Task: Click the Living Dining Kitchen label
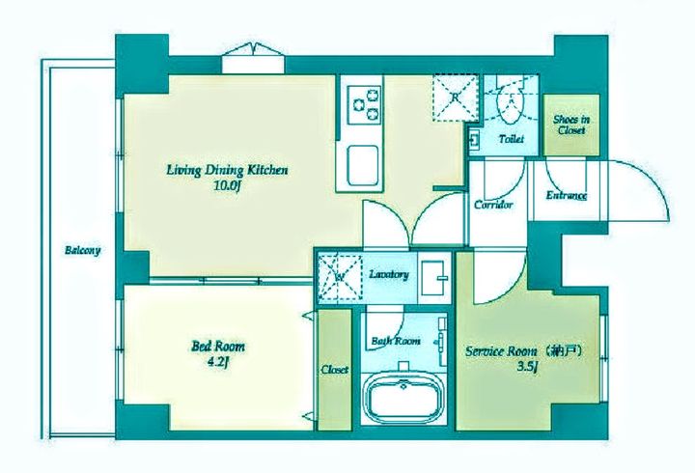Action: pyautogui.click(x=227, y=170)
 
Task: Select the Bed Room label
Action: pyautogui.click(x=217, y=346)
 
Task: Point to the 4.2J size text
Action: pyautogui.click(x=217, y=363)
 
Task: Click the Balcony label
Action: pyautogui.click(x=83, y=250)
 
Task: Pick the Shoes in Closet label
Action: pyautogui.click(x=571, y=125)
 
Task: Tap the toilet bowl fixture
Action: pyautogui.click(x=511, y=104)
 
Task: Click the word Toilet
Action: pyautogui.click(x=511, y=139)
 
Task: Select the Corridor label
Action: pyautogui.click(x=493, y=205)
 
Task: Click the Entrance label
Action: pyautogui.click(x=567, y=196)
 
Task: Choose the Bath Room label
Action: pyautogui.click(x=396, y=342)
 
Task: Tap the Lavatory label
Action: pyautogui.click(x=389, y=274)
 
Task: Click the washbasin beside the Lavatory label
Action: pyautogui.click(x=433, y=278)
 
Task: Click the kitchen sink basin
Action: pyautogui.click(x=363, y=165)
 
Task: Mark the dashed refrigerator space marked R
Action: pyautogui.click(x=456, y=97)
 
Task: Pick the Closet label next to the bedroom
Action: pyautogui.click(x=335, y=370)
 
